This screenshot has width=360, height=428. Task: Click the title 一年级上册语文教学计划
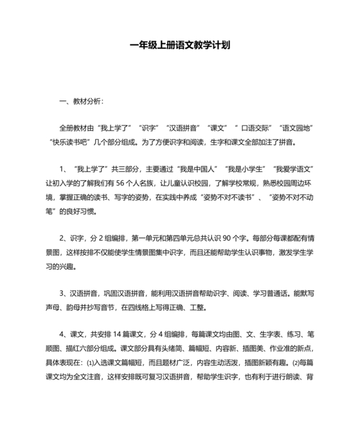pos(180,46)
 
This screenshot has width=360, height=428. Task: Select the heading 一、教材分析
pos(80,101)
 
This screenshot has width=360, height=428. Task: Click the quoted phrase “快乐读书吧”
pos(72,142)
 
